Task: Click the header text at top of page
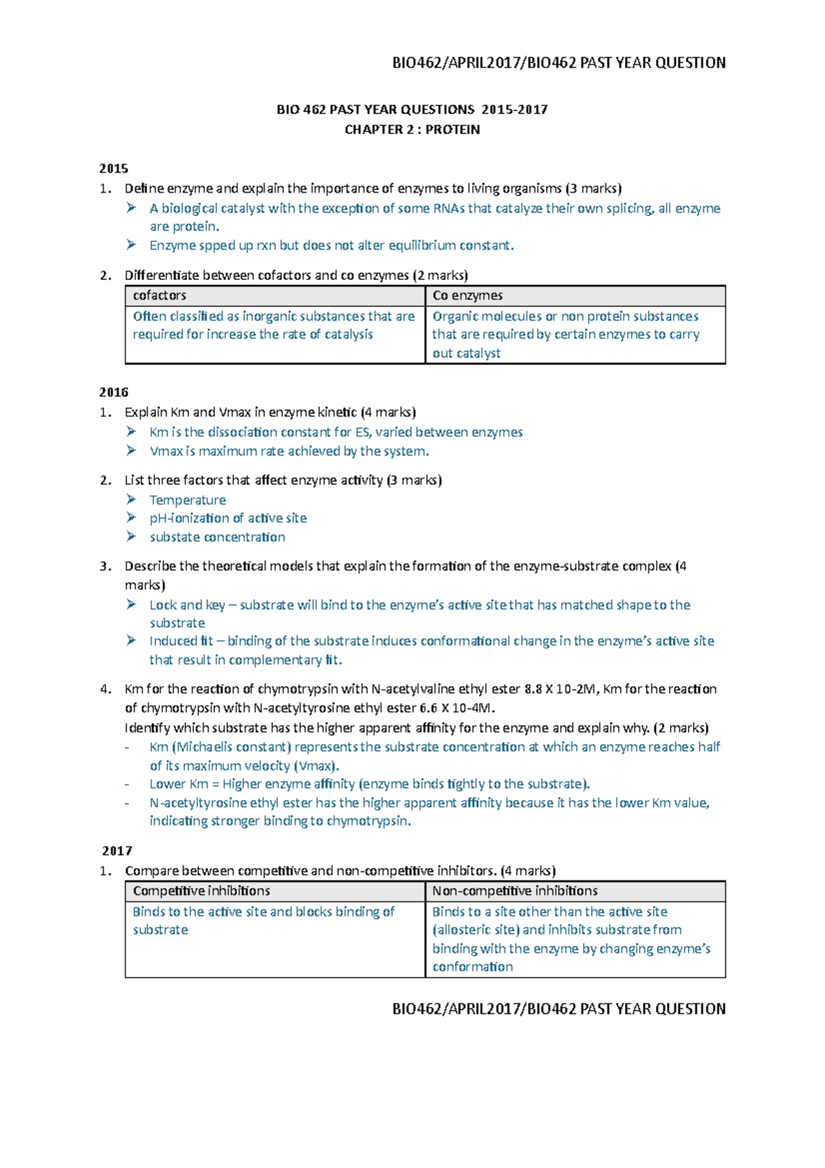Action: click(x=558, y=63)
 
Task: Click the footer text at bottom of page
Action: click(x=558, y=1009)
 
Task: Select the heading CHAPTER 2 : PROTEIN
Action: click(x=412, y=129)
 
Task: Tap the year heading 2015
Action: click(x=113, y=169)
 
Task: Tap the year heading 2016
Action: click(x=113, y=392)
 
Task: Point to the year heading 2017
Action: click(x=117, y=851)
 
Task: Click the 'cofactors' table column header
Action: click(x=159, y=296)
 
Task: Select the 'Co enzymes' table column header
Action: click(x=467, y=296)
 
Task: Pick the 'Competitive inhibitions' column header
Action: click(x=201, y=891)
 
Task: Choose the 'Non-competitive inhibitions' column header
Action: click(x=515, y=891)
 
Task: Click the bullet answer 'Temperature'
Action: click(x=188, y=500)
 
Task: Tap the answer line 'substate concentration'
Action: click(x=217, y=537)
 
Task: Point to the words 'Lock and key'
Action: click(x=187, y=605)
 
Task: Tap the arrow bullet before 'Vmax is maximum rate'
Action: click(x=131, y=451)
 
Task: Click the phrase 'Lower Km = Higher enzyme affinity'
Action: click(x=252, y=784)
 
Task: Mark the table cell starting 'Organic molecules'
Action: click(x=566, y=334)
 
